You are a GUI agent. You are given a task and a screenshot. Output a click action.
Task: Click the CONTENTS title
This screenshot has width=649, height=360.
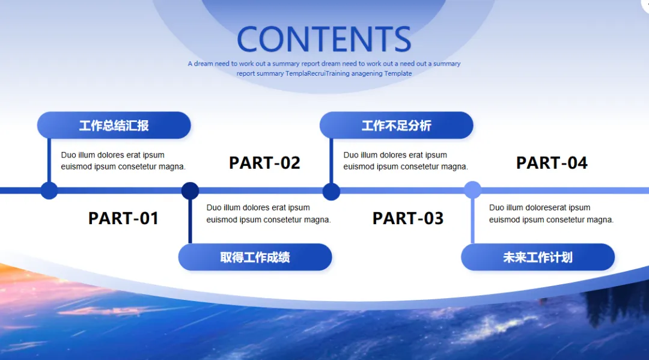pyautogui.click(x=324, y=40)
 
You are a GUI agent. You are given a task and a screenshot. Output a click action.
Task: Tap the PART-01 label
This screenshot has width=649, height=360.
pyautogui.click(x=123, y=218)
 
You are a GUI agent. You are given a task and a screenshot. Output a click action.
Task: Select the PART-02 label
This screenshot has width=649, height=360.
pyautogui.click(x=264, y=163)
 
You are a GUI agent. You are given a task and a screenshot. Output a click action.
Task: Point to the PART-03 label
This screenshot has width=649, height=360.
pyautogui.click(x=408, y=218)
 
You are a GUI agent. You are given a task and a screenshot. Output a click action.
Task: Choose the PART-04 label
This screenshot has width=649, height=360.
pyautogui.click(x=552, y=163)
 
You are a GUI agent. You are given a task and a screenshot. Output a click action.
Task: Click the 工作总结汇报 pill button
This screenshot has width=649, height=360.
pyautogui.click(x=114, y=126)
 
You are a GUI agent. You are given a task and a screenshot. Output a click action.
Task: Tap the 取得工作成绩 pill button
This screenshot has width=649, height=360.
pyautogui.click(x=255, y=257)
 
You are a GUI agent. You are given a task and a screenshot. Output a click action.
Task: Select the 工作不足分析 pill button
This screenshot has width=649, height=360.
pyautogui.click(x=397, y=126)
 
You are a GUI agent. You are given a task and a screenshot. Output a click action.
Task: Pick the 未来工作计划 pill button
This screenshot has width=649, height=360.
pyautogui.click(x=538, y=257)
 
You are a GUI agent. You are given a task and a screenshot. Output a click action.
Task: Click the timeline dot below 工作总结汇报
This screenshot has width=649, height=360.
pyautogui.click(x=49, y=191)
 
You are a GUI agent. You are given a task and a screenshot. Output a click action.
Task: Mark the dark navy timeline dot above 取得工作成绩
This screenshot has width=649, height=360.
pyautogui.click(x=190, y=191)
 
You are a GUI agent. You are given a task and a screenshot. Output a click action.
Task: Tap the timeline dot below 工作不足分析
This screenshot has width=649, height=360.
pyautogui.click(x=331, y=192)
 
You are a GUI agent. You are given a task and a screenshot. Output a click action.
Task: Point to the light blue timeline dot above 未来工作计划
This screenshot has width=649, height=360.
pyautogui.click(x=472, y=190)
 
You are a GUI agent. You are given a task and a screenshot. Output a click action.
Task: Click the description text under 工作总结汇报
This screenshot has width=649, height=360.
pyautogui.click(x=123, y=160)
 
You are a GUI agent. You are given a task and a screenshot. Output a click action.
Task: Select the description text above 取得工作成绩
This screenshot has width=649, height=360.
pyautogui.click(x=269, y=213)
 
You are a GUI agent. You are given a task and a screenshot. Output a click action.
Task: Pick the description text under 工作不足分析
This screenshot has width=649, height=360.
pyautogui.click(x=406, y=160)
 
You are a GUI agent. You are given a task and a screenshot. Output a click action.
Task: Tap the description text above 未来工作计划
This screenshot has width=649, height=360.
pyautogui.click(x=551, y=213)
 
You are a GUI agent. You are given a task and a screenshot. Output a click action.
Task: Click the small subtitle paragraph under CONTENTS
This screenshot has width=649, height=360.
pyautogui.click(x=324, y=68)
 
